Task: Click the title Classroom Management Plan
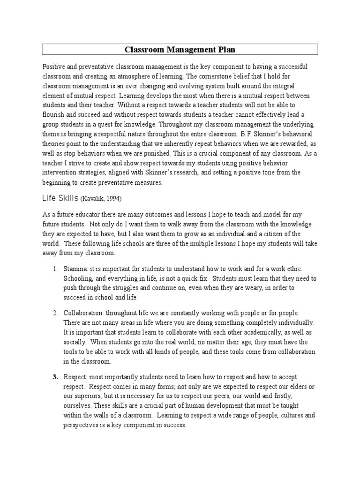click(180, 49)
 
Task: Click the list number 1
click(55, 269)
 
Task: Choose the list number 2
click(55, 312)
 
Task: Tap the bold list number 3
click(55, 377)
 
